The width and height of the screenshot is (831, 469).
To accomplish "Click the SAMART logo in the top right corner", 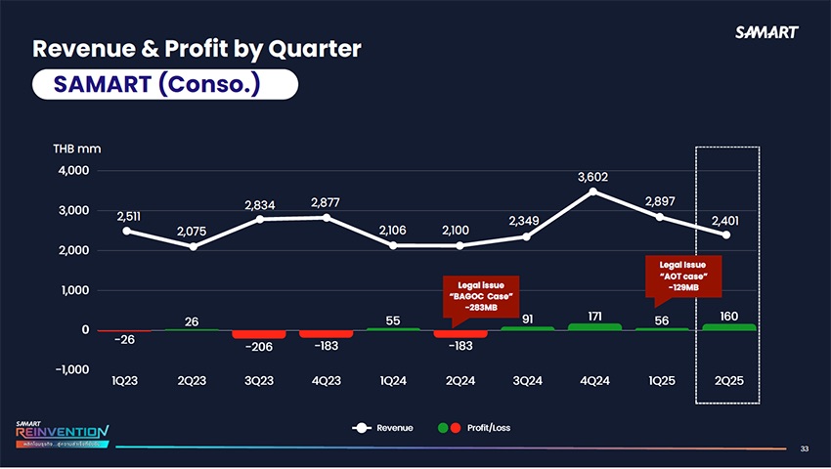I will [766, 31].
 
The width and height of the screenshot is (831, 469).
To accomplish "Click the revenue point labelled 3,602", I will [592, 192].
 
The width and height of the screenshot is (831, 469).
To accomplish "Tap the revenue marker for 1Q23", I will [126, 231].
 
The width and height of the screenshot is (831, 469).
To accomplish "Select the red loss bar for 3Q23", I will [259, 335].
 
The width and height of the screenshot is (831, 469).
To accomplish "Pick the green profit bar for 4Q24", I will [593, 326].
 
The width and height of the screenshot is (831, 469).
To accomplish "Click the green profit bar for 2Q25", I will [727, 326].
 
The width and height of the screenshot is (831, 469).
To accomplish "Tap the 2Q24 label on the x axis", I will [459, 381].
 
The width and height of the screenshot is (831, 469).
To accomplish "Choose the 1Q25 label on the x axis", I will [660, 381].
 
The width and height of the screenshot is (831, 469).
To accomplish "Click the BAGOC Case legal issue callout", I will [479, 296].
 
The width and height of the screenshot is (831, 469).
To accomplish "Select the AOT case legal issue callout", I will [683, 276].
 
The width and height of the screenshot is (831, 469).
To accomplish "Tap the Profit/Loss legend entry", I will [475, 428].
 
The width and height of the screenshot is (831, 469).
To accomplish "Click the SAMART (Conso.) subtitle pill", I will [164, 83].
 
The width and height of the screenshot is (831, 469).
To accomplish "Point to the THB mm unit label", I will [77, 149].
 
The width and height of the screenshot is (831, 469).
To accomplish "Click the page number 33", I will [805, 448].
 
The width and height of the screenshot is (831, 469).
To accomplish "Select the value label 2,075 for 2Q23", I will [193, 231].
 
